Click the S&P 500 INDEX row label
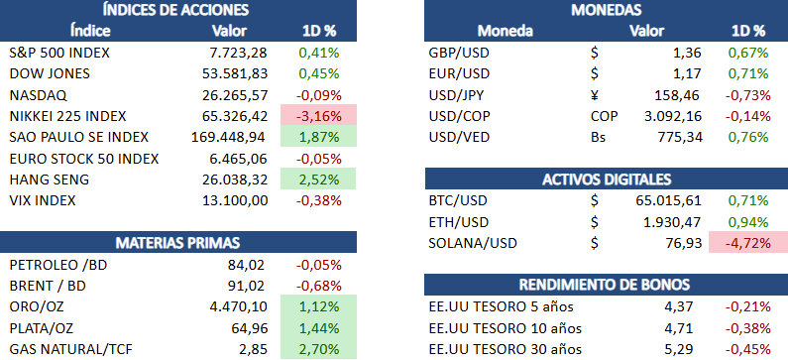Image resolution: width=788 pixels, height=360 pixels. coord(59,53)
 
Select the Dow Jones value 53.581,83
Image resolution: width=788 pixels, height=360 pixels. coord(235,74)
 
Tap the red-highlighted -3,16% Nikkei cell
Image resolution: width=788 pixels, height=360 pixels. coord(318,116)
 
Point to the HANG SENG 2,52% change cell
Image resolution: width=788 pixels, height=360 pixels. coord(318,180)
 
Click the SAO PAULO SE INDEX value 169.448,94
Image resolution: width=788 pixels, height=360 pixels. coord(229,137)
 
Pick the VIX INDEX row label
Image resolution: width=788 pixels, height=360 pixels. coord(43,200)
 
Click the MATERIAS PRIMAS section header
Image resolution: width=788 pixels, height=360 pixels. coord(177,242)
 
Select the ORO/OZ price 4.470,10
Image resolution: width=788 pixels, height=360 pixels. coord(238,306)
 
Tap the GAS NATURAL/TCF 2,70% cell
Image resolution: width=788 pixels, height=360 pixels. coord(318,348)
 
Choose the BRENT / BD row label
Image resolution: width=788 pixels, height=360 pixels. coord(48,286)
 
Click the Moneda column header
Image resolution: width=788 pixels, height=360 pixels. coord(506,31)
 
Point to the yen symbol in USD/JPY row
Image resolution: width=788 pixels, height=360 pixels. coord(595,95)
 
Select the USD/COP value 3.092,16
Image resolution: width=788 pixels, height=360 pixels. coord(672,116)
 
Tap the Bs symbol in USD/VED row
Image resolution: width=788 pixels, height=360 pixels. coord(599,137)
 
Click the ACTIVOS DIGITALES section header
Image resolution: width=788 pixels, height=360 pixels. coord(606,179)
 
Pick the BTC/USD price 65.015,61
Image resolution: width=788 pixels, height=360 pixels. coord(668,200)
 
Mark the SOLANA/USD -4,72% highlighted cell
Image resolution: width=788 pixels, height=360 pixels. coord(747,243)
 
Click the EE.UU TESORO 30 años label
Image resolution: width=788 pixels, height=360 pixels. coord(506,349)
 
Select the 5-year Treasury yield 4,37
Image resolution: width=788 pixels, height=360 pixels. coord(680,306)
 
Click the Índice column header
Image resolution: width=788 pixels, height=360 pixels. coord(90,31)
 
